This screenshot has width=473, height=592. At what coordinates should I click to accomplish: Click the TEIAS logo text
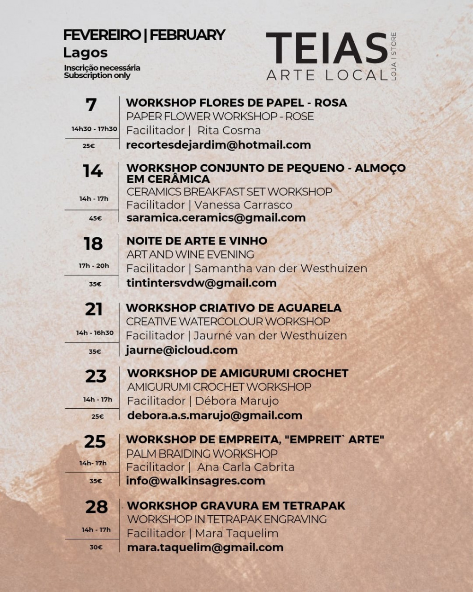click(x=326, y=48)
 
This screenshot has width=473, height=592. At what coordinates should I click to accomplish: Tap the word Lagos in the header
click(x=85, y=53)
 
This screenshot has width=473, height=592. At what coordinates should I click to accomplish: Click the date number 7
click(x=91, y=105)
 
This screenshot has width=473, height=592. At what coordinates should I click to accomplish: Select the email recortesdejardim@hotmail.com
click(x=218, y=145)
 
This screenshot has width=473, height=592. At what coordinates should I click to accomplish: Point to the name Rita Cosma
click(x=229, y=130)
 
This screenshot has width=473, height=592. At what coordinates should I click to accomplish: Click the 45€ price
click(x=95, y=218)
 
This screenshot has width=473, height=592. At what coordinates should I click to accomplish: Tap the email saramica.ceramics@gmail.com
click(x=216, y=218)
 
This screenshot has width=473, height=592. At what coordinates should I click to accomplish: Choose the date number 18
click(x=93, y=244)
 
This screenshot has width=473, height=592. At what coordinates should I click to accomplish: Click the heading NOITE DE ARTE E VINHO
click(x=197, y=241)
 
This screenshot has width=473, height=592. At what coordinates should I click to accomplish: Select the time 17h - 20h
click(x=94, y=266)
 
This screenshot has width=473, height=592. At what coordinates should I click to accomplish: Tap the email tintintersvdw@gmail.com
click(x=201, y=283)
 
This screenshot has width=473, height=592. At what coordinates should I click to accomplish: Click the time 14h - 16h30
click(x=95, y=333)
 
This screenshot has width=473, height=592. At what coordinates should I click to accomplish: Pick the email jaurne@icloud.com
click(x=182, y=350)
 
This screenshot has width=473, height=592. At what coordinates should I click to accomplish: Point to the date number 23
click(x=96, y=377)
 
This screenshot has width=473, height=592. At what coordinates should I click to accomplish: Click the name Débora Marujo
click(x=236, y=401)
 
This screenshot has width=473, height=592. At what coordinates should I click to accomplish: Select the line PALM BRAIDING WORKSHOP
click(x=201, y=453)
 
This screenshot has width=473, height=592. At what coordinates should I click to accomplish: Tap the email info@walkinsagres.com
click(x=195, y=481)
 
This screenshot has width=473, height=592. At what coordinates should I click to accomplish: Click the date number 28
click(x=96, y=507)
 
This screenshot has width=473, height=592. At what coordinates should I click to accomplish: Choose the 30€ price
click(x=96, y=547)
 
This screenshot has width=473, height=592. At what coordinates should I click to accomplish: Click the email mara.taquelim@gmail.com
click(x=205, y=547)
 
